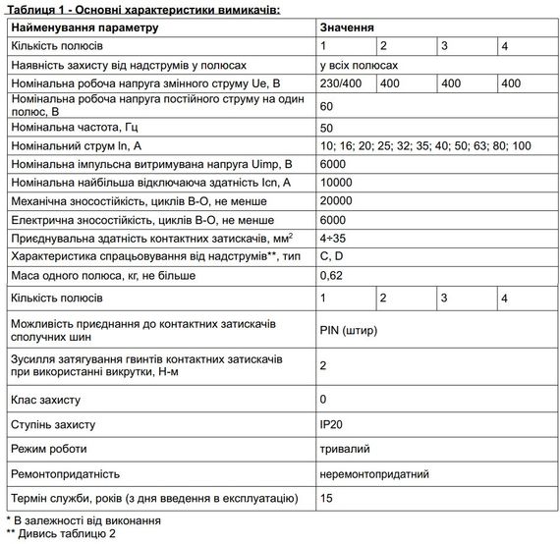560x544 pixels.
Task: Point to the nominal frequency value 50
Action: click(x=327, y=128)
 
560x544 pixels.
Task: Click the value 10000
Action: click(x=336, y=183)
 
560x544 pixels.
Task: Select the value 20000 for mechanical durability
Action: click(x=336, y=201)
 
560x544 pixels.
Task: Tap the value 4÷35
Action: click(x=333, y=239)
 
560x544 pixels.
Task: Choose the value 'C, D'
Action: click(x=331, y=256)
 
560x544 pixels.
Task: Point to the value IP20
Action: click(x=331, y=425)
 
